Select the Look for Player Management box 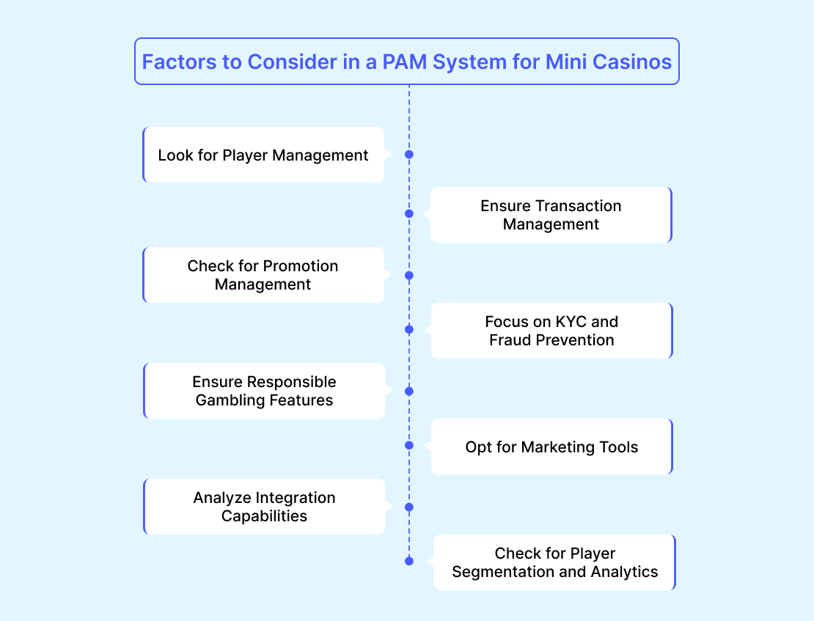point(263,155)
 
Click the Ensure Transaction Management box point(551,215)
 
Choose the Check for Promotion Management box point(263,275)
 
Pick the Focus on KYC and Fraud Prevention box point(551,331)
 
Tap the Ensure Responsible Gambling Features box point(264,391)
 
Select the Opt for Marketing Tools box point(551,447)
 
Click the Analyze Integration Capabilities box point(264,507)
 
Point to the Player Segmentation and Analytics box point(554,562)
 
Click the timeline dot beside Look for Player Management point(409,155)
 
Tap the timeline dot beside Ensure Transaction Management point(409,214)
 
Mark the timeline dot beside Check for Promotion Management point(409,276)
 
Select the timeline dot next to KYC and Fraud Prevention point(409,330)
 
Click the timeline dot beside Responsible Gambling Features point(409,392)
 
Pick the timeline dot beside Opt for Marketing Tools point(409,445)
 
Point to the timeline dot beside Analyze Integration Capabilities point(409,507)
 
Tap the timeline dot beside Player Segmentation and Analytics point(409,561)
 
